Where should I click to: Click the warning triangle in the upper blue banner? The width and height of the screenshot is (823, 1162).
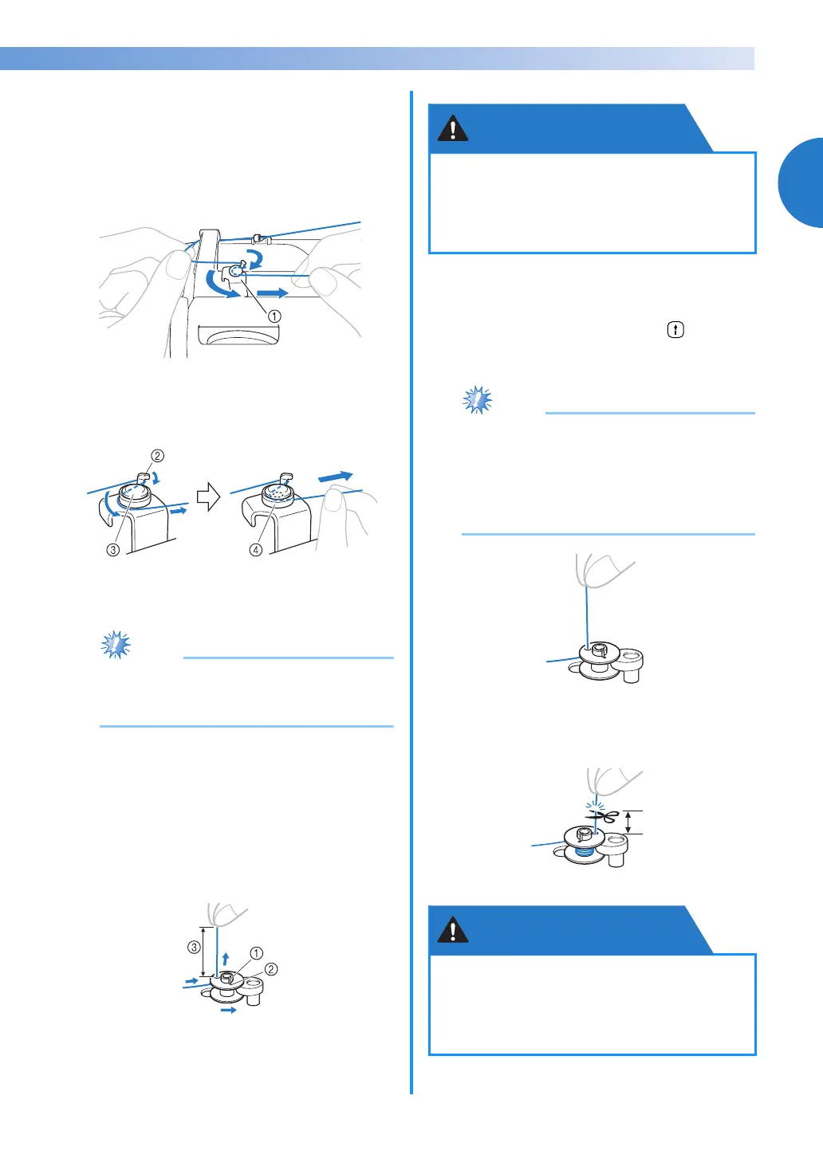click(453, 128)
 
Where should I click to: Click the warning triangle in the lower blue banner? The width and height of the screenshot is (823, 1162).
click(453, 930)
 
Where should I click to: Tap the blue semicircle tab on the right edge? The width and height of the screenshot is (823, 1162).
click(801, 183)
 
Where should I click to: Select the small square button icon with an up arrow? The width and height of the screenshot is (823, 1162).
click(675, 330)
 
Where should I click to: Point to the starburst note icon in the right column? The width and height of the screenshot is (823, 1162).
click(478, 400)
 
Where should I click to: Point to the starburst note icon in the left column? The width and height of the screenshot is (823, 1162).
click(116, 645)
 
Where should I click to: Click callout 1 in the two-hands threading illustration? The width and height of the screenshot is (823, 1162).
click(274, 316)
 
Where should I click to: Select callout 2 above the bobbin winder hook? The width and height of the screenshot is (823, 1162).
click(158, 456)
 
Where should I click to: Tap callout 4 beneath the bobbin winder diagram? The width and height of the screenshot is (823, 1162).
click(256, 550)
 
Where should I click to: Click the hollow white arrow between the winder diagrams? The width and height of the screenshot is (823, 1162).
click(208, 498)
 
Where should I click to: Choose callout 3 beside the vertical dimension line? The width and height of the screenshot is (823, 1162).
click(194, 948)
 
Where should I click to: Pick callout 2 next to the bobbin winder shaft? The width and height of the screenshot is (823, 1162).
click(271, 969)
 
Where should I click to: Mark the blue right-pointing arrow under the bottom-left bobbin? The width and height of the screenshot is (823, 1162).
click(229, 1010)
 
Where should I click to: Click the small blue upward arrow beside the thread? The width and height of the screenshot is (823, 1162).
click(226, 958)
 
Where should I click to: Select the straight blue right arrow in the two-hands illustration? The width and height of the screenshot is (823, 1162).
click(273, 293)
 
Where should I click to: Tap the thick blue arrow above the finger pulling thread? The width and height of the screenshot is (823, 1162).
click(335, 477)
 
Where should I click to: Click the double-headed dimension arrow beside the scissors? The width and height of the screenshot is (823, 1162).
click(628, 822)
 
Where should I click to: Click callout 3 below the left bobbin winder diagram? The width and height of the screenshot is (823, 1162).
click(113, 550)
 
